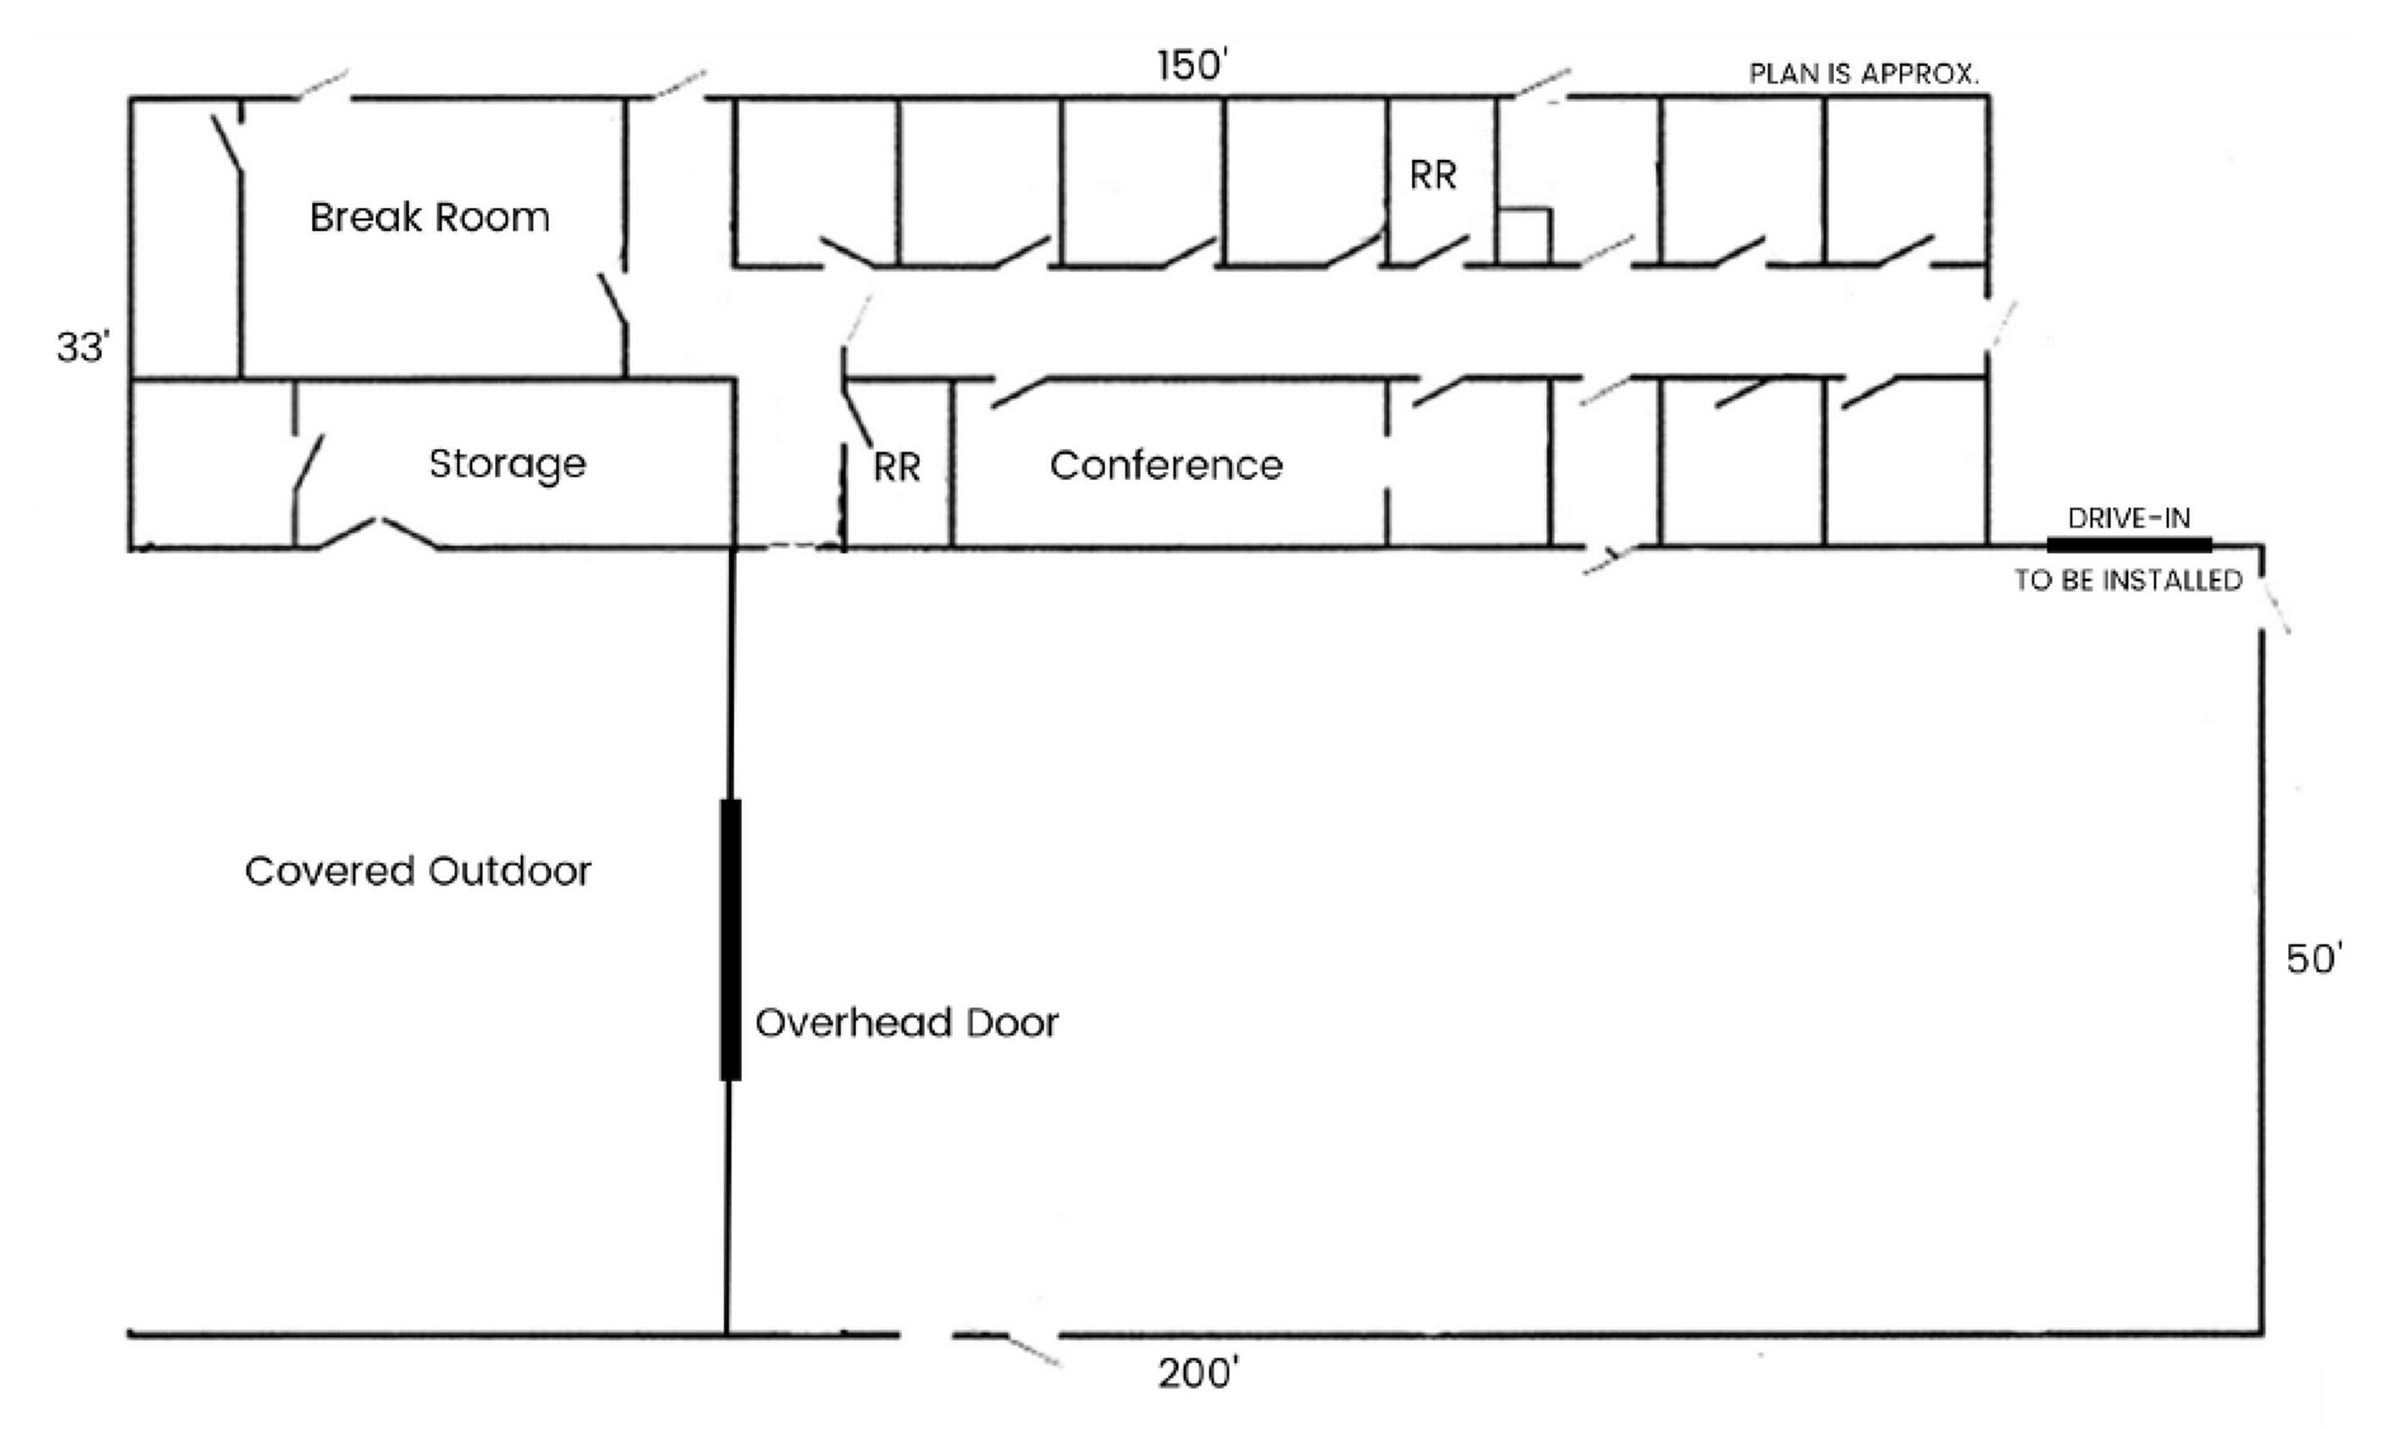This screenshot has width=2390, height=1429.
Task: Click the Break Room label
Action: click(429, 217)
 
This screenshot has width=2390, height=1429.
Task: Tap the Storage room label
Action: click(507, 465)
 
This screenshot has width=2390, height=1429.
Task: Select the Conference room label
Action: click(1166, 466)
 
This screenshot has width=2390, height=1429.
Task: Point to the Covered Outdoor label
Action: click(418, 872)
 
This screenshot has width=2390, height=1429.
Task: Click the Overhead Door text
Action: click(907, 1023)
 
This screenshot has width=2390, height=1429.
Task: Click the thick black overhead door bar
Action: click(731, 940)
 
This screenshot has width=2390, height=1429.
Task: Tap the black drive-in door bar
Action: click(2129, 545)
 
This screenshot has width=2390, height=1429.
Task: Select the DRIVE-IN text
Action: click(2129, 519)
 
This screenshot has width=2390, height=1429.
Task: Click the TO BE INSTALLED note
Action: click(2129, 580)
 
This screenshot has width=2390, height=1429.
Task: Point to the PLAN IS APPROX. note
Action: click(1864, 74)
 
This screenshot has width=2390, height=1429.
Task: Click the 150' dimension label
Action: click(1193, 66)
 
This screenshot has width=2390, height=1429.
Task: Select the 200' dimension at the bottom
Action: click(1197, 1374)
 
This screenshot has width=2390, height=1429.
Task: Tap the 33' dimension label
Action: click(84, 348)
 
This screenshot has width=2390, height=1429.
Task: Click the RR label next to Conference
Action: click(897, 468)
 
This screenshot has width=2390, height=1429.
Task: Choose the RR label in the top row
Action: click(1432, 176)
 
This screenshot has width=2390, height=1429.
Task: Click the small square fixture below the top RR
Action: click(1524, 236)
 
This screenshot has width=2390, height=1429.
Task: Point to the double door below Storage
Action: click(378, 534)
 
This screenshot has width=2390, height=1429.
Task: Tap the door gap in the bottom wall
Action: click(927, 1334)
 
